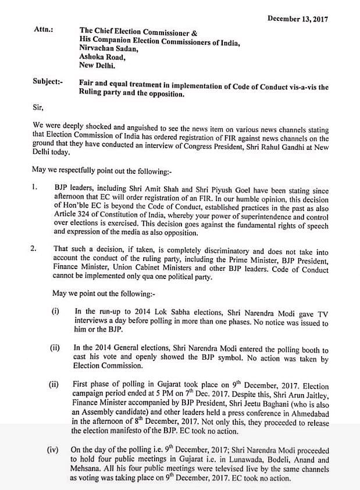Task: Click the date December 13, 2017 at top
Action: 297,19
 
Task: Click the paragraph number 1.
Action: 35,188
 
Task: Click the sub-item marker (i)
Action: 56,312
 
